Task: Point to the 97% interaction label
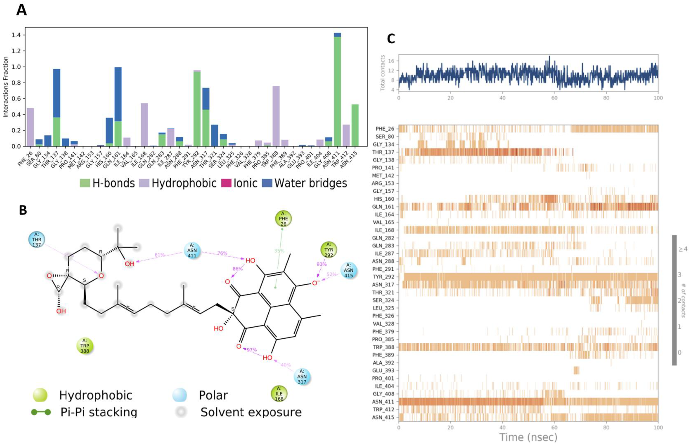click(x=252, y=350)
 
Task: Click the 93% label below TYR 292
click(x=321, y=264)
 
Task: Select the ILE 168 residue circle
click(x=279, y=394)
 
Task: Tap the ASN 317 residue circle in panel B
click(x=302, y=376)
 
